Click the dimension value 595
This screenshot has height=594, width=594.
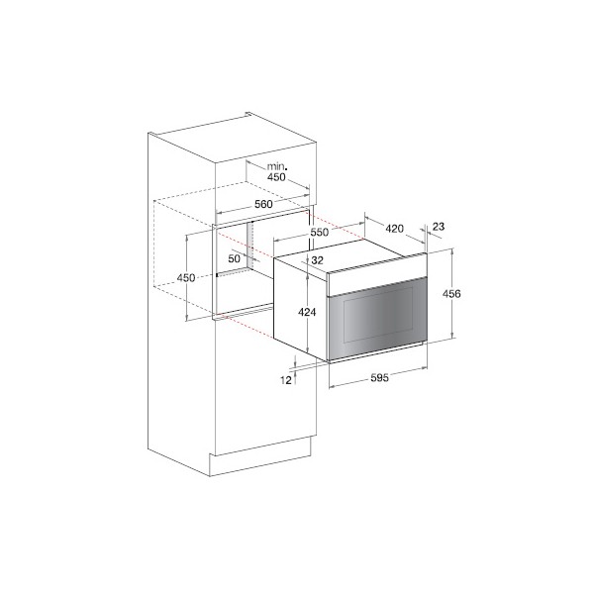[x=379, y=378]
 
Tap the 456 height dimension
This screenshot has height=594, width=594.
[x=451, y=294]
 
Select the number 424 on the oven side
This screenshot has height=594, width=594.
[x=307, y=312]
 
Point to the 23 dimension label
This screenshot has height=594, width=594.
[x=439, y=227]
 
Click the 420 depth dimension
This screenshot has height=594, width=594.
[x=394, y=229]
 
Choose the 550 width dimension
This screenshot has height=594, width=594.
[x=320, y=232]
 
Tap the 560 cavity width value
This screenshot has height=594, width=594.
[x=263, y=204]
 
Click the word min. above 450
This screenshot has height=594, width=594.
[x=277, y=166]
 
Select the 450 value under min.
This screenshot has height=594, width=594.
[x=276, y=176]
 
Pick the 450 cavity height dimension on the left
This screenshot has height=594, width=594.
[x=186, y=277]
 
